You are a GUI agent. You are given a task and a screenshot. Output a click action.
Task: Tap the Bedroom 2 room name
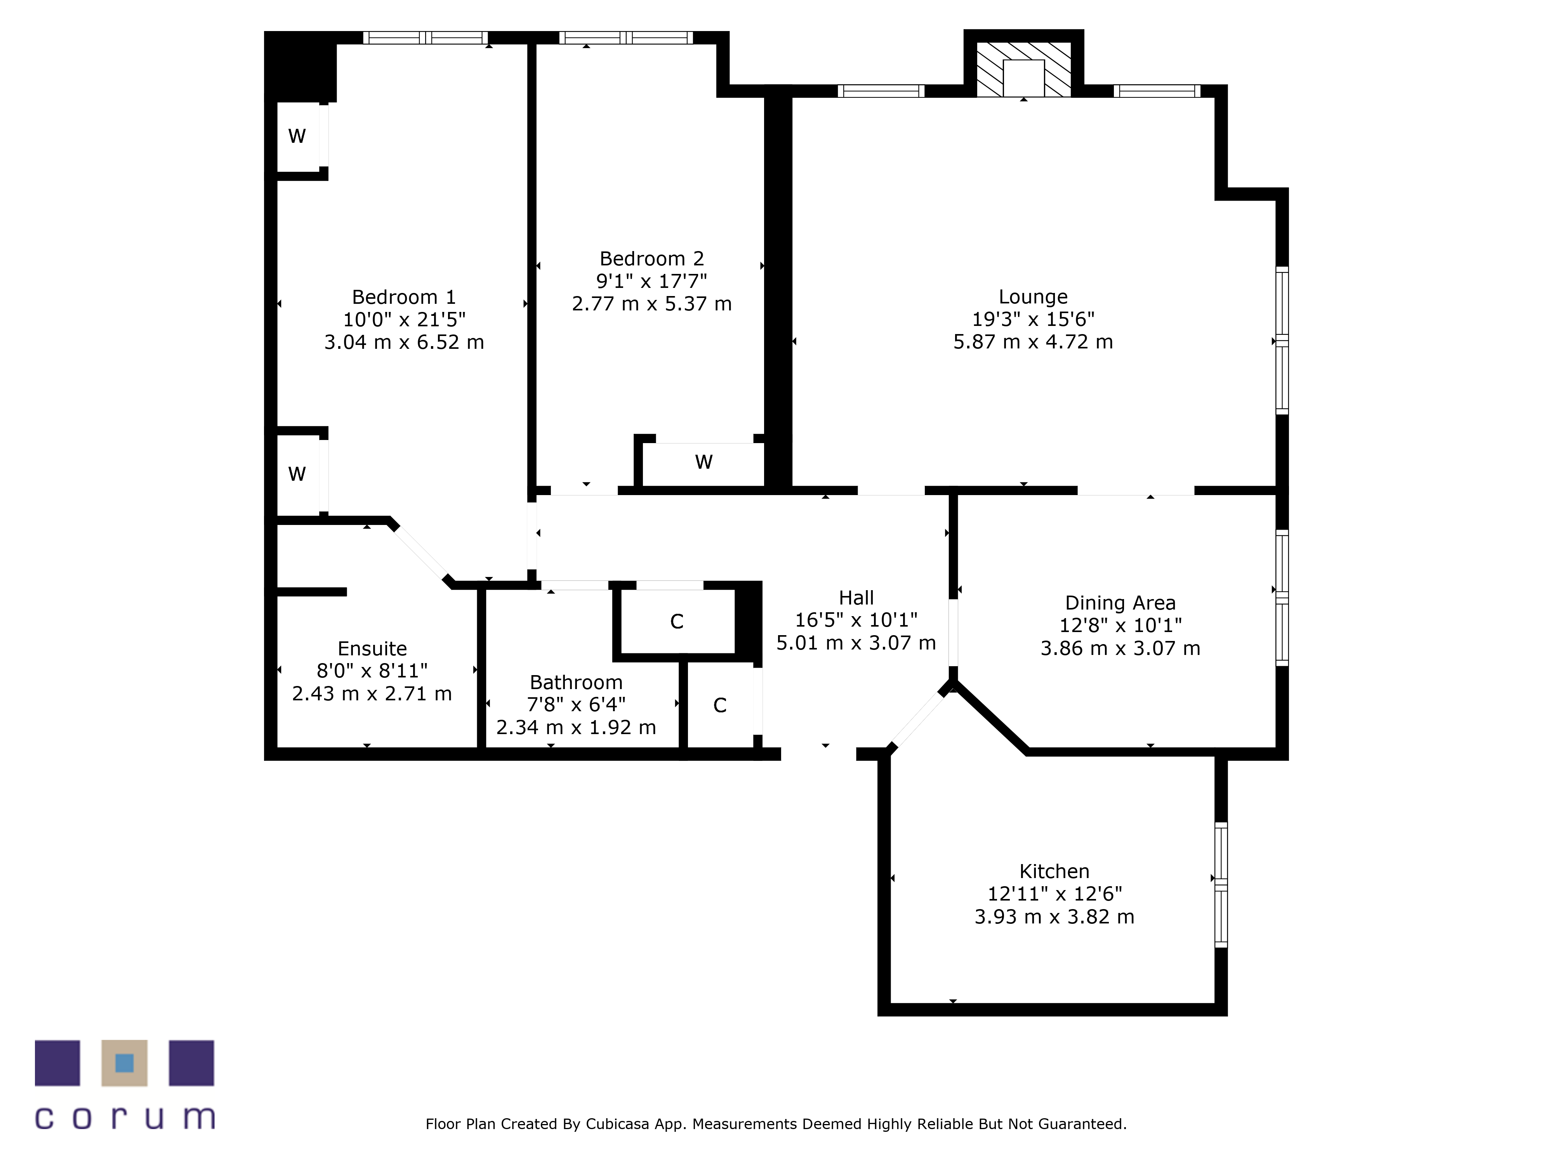tap(651, 259)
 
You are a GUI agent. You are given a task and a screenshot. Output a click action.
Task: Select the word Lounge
tap(1033, 298)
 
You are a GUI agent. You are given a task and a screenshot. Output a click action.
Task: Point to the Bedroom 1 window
tap(425, 38)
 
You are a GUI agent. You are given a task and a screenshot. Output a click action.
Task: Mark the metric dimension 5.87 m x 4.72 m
tap(1033, 342)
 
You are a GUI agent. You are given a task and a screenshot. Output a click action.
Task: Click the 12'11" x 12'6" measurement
tap(1054, 894)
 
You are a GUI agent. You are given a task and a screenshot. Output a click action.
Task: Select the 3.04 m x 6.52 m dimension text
tap(404, 342)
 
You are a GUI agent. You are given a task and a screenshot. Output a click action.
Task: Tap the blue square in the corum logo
tap(124, 1063)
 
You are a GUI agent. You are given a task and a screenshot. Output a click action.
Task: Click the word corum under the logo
tap(124, 1117)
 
